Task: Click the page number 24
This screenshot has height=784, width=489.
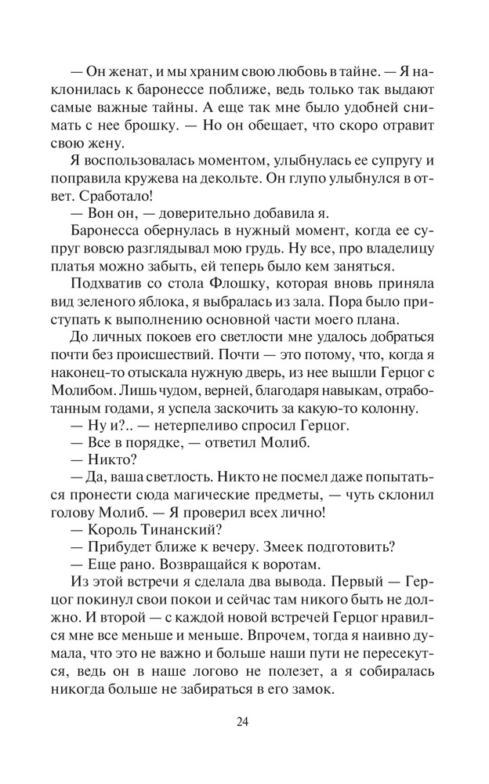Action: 244,723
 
